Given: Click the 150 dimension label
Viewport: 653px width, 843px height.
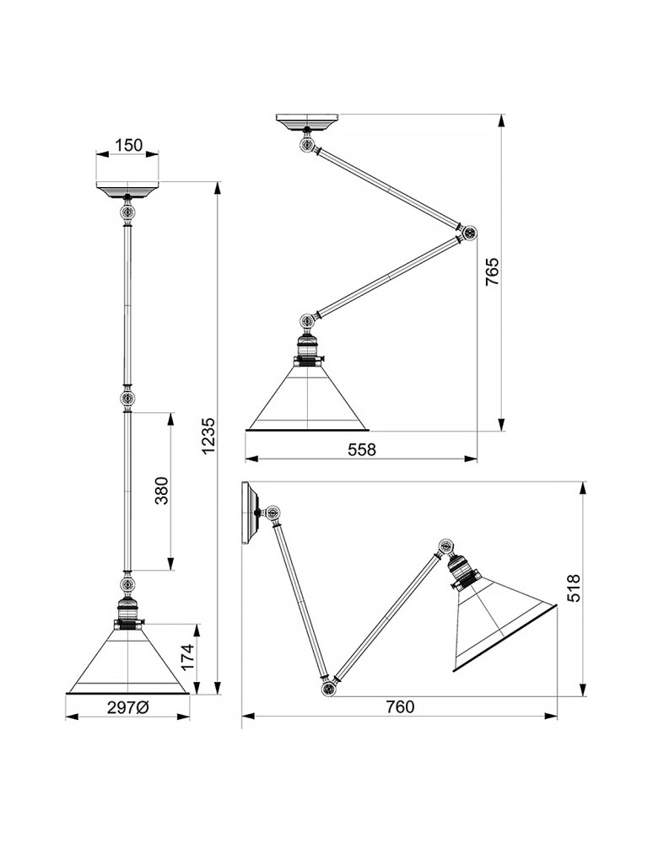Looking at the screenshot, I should (x=127, y=145).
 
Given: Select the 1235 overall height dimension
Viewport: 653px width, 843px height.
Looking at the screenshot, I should (x=208, y=437).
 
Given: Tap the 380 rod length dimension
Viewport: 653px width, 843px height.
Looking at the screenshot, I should (x=162, y=491).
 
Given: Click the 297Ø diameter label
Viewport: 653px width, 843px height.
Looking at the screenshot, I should (x=127, y=708).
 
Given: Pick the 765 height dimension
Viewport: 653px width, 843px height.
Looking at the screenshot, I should (x=493, y=272).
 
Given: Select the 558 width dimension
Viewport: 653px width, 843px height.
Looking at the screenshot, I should (x=361, y=450).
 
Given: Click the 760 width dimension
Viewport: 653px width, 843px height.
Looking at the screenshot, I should (x=400, y=707).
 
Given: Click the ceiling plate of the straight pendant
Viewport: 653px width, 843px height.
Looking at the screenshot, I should (x=127, y=188).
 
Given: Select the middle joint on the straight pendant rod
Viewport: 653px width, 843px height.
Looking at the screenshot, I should (x=127, y=398).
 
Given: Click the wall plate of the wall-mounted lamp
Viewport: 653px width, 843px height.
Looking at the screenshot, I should (x=247, y=513).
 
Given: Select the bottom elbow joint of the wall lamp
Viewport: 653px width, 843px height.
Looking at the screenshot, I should (x=327, y=689).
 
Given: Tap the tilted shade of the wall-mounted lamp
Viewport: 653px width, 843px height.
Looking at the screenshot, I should (x=499, y=624).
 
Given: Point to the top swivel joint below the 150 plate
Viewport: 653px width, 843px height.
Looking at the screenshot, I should (x=127, y=212).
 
